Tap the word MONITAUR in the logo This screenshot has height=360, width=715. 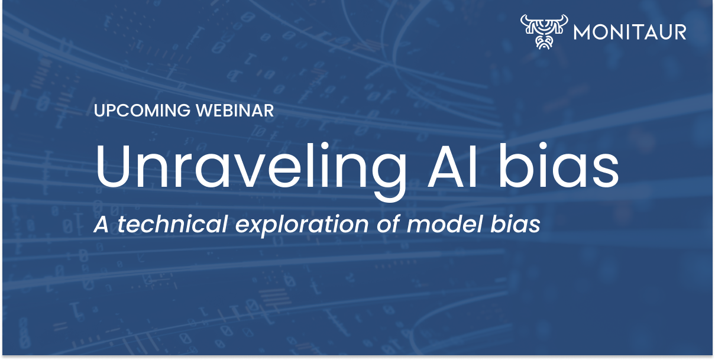click(x=630, y=31)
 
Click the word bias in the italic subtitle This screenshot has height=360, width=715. click(x=516, y=225)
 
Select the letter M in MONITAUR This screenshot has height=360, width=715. click(x=584, y=31)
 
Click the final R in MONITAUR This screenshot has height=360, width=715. click(x=680, y=31)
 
